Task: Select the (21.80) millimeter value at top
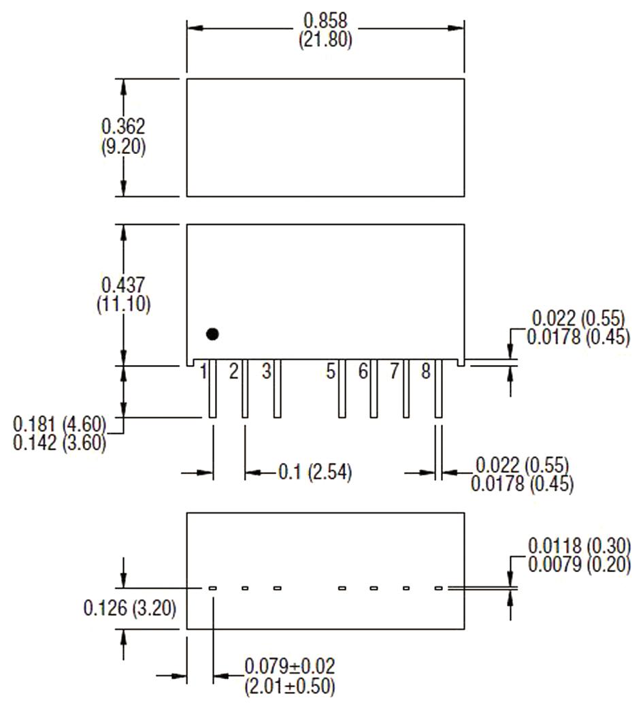coord(325,41)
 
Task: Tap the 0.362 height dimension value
coord(123,127)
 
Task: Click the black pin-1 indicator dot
coord(213,334)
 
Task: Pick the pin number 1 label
coord(203,372)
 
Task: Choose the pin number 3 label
coord(266,372)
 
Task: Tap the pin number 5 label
coord(331,372)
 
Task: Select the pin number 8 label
coord(425,372)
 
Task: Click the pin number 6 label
coord(363,372)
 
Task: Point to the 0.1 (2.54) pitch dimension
coord(314,472)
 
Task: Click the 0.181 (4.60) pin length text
coord(60,424)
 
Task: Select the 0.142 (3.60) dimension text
coord(60,443)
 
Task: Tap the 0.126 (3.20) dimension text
coord(130,608)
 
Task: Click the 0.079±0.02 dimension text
coord(290,665)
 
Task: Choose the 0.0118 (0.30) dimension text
coord(579,546)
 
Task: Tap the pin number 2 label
coord(233,372)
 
